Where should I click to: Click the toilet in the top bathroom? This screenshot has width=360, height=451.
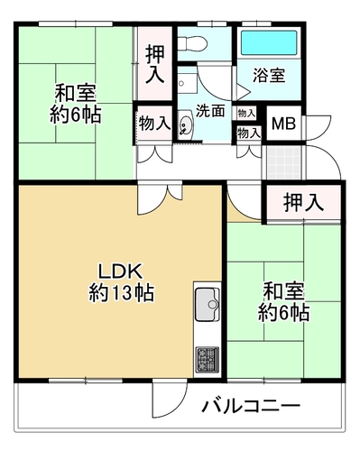(192, 43)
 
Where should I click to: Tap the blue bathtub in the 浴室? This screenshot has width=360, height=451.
(269, 42)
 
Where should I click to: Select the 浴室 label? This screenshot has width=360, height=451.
(269, 76)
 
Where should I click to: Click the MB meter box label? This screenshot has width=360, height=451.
(283, 124)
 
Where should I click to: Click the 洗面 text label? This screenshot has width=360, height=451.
(210, 111)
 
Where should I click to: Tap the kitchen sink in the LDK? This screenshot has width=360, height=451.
(208, 304)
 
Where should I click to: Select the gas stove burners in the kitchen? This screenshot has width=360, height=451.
(208, 360)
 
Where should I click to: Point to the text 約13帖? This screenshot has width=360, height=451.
(122, 292)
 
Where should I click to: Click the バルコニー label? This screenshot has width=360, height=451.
(251, 406)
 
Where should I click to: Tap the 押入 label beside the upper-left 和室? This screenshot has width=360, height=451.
(155, 64)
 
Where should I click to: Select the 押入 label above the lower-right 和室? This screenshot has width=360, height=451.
(303, 202)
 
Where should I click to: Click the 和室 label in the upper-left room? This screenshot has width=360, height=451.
(75, 94)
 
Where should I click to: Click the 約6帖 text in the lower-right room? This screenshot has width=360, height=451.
(284, 312)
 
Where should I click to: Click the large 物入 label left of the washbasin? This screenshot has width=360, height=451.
(155, 124)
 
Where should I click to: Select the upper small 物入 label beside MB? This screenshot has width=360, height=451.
(246, 114)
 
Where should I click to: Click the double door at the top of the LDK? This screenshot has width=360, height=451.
(160, 197)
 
